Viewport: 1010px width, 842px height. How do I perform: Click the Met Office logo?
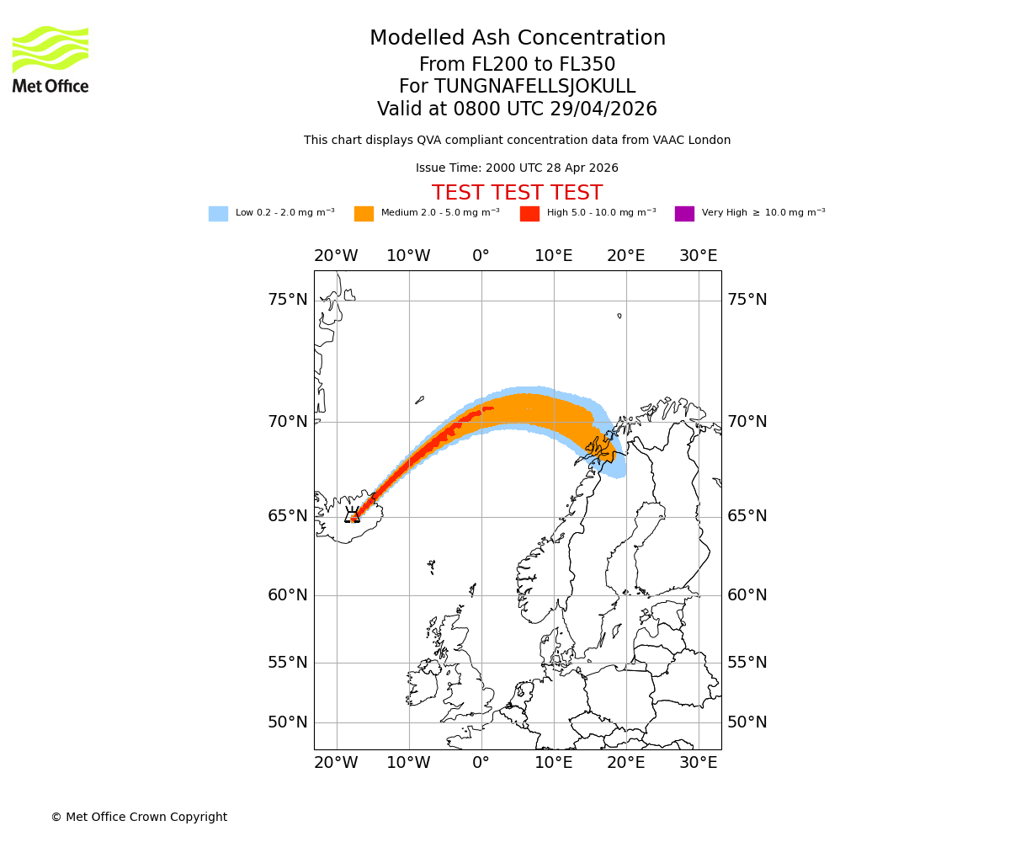[50, 59]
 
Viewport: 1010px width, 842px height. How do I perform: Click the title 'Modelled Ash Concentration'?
[517, 39]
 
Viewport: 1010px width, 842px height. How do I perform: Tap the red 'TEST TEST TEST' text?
[517, 193]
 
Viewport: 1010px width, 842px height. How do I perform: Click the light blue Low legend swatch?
[218, 214]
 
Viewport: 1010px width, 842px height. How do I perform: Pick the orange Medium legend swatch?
[364, 214]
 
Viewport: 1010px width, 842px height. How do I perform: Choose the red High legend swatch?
[529, 214]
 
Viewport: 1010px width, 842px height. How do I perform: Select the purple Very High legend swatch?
[684, 214]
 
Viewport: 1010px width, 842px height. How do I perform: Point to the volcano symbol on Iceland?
[352, 514]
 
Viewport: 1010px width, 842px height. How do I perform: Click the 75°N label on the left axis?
[288, 300]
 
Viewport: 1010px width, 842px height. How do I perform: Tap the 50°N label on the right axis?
[747, 722]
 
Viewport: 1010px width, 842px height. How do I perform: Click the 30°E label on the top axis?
[699, 256]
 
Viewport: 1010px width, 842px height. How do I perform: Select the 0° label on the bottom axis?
[481, 763]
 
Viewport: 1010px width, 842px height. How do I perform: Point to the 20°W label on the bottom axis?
[336, 763]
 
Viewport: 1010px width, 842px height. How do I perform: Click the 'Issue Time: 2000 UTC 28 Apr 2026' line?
[517, 168]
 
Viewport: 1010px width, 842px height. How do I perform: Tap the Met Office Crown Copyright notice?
[139, 818]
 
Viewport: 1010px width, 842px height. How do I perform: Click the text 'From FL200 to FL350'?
[517, 65]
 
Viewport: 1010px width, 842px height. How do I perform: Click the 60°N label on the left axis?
[288, 595]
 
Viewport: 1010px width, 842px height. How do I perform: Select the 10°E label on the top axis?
[553, 256]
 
